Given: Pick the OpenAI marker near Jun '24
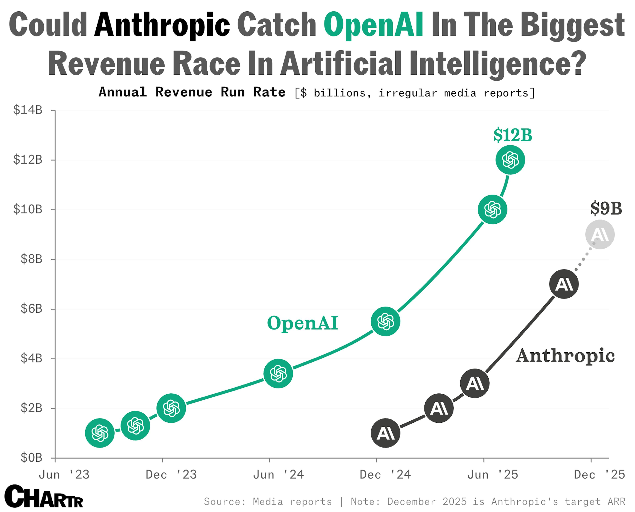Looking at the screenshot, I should pos(278,373).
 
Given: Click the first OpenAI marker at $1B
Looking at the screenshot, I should pos(100,433).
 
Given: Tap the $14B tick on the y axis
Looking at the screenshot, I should pos(28,110).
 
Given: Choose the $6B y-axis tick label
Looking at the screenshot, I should pos(31,308).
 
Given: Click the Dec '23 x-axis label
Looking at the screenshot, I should pos(171,475).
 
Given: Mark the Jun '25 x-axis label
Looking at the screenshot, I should pos(493,475).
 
